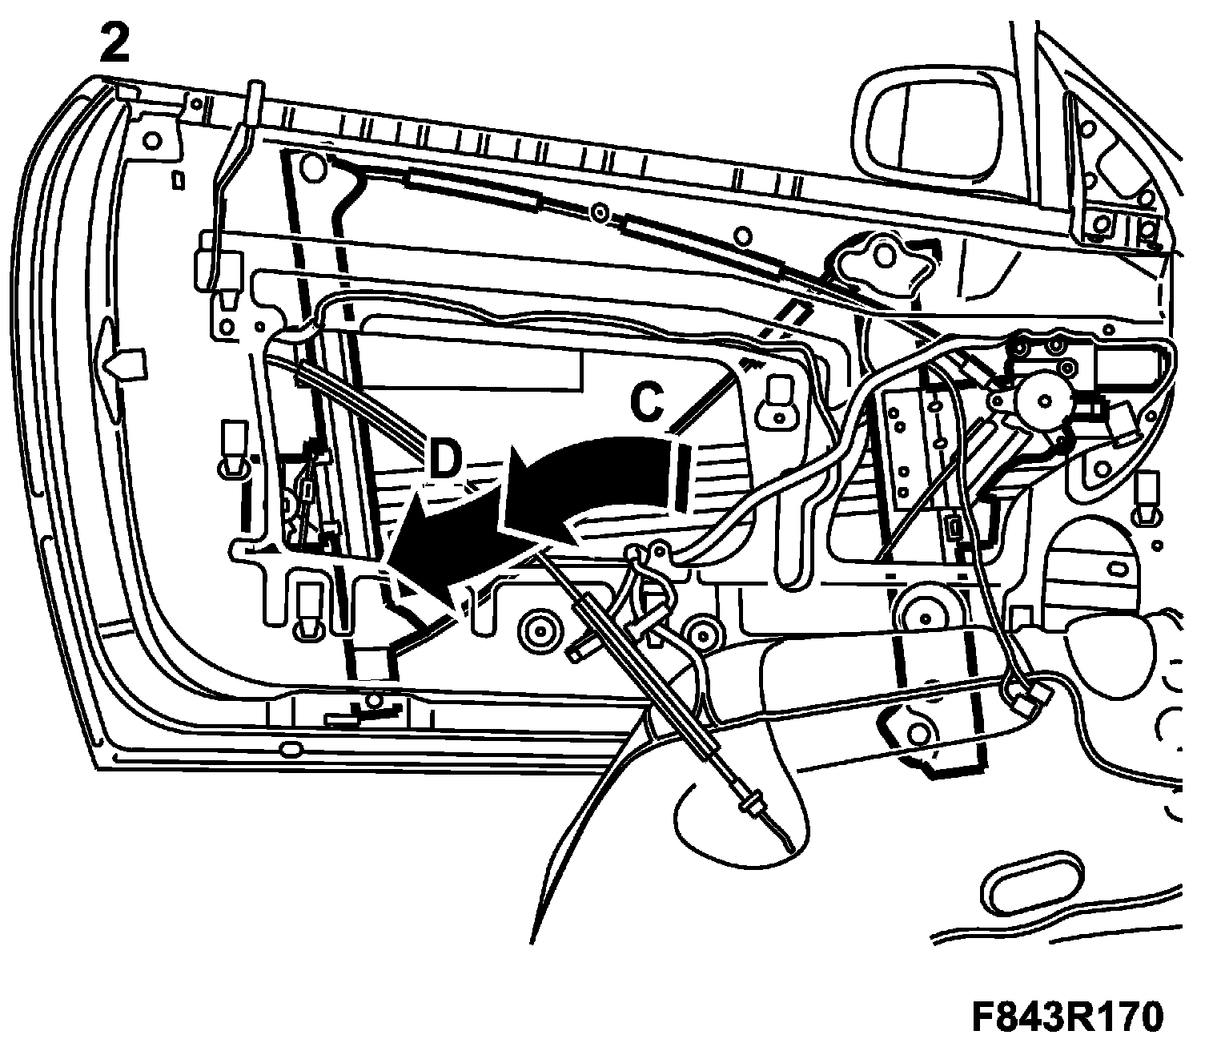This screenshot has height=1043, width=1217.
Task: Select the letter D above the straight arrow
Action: click(445, 463)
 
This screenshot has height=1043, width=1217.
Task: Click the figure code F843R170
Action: click(1066, 1017)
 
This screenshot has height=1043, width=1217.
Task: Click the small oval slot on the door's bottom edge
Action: click(289, 751)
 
